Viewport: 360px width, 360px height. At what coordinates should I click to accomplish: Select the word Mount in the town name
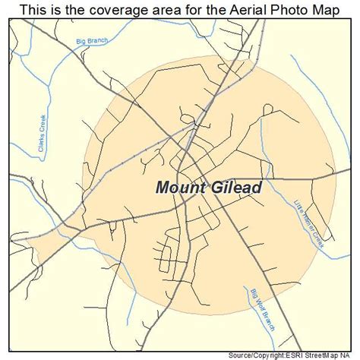coord(181,187)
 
